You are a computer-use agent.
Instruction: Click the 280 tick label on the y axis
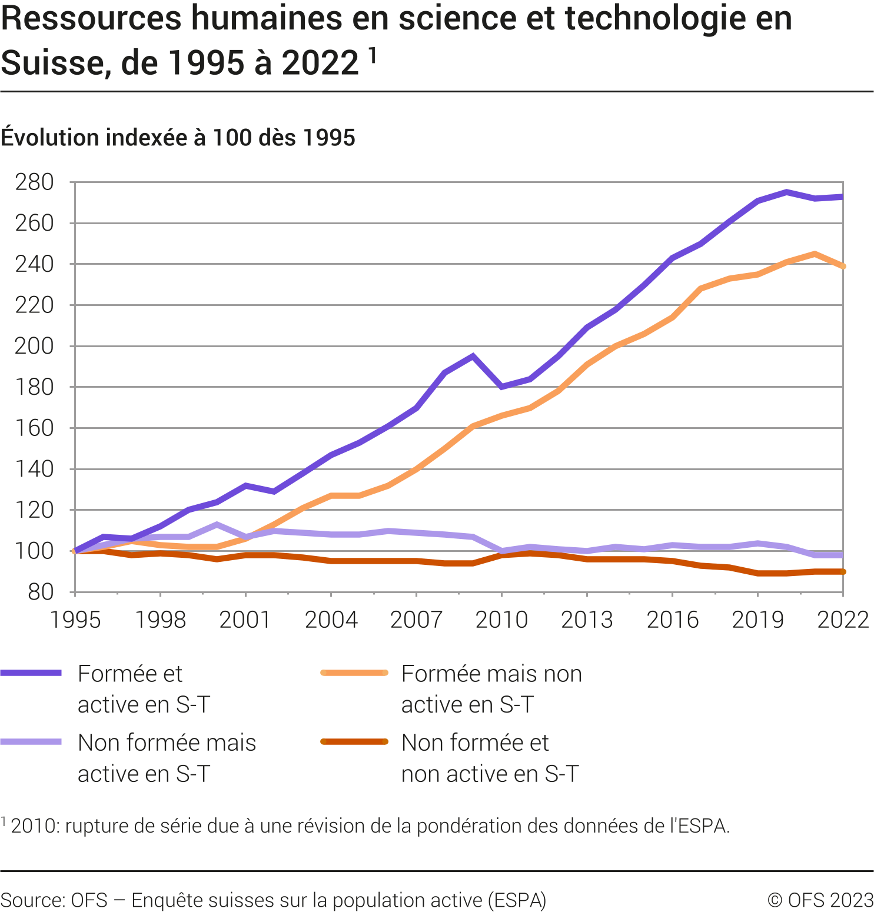pyautogui.click(x=34, y=182)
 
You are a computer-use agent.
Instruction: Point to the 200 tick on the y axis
pyautogui.click(x=34, y=346)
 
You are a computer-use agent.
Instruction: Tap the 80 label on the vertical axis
pyautogui.click(x=41, y=592)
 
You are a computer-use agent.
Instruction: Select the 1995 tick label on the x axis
pyautogui.click(x=75, y=620)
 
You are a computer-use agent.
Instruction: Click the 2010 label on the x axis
pyautogui.click(x=501, y=620)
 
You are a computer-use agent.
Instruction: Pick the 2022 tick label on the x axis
pyautogui.click(x=843, y=620)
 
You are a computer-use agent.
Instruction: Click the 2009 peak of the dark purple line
pyautogui.click(x=473, y=356)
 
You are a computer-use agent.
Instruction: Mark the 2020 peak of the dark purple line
pyautogui.click(x=786, y=192)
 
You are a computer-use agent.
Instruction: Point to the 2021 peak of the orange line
pyautogui.click(x=815, y=254)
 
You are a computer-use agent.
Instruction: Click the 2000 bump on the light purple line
pyautogui.click(x=217, y=524)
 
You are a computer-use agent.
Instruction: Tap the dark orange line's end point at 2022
pyautogui.click(x=843, y=571)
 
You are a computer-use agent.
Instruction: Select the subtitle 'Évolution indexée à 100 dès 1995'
pyautogui.click(x=178, y=138)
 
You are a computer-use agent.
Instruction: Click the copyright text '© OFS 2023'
pyautogui.click(x=820, y=900)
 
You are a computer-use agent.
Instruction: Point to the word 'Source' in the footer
pyautogui.click(x=33, y=900)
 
